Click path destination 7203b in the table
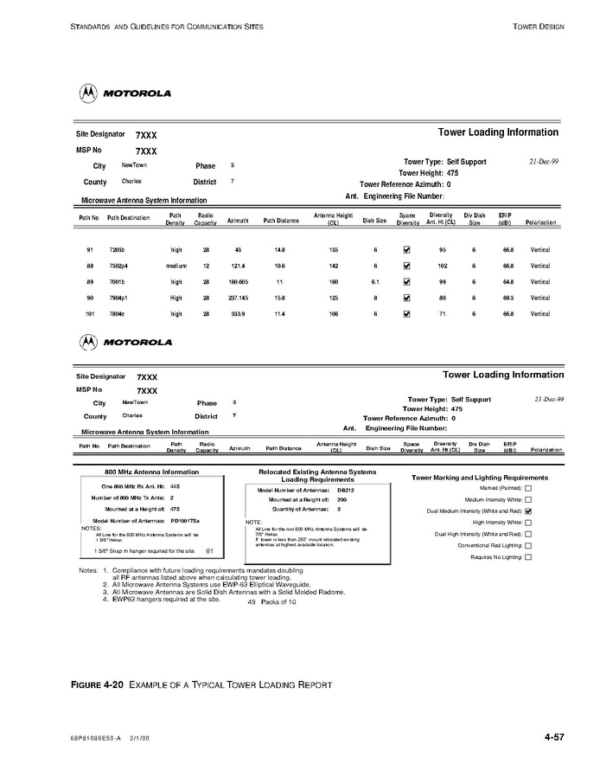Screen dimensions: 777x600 pyautogui.click(x=117, y=250)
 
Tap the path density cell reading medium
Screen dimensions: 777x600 pyautogui.click(x=176, y=266)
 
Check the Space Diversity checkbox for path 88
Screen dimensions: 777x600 pyautogui.click(x=407, y=266)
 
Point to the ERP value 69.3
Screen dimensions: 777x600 pyautogui.click(x=508, y=298)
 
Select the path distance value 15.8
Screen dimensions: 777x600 pyautogui.click(x=279, y=298)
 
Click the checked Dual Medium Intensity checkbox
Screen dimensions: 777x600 pyautogui.click(x=528, y=511)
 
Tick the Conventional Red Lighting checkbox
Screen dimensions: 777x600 pyautogui.click(x=528, y=546)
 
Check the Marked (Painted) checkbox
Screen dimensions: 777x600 pyautogui.click(x=528, y=488)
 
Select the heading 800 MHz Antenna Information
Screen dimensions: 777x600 pyautogui.click(x=151, y=472)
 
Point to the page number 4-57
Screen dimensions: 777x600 pyautogui.click(x=554, y=737)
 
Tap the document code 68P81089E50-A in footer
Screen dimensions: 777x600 pyautogui.click(x=97, y=738)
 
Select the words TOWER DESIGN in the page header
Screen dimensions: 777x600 pyautogui.click(x=539, y=27)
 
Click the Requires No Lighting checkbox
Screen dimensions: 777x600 pyautogui.click(x=528, y=558)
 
